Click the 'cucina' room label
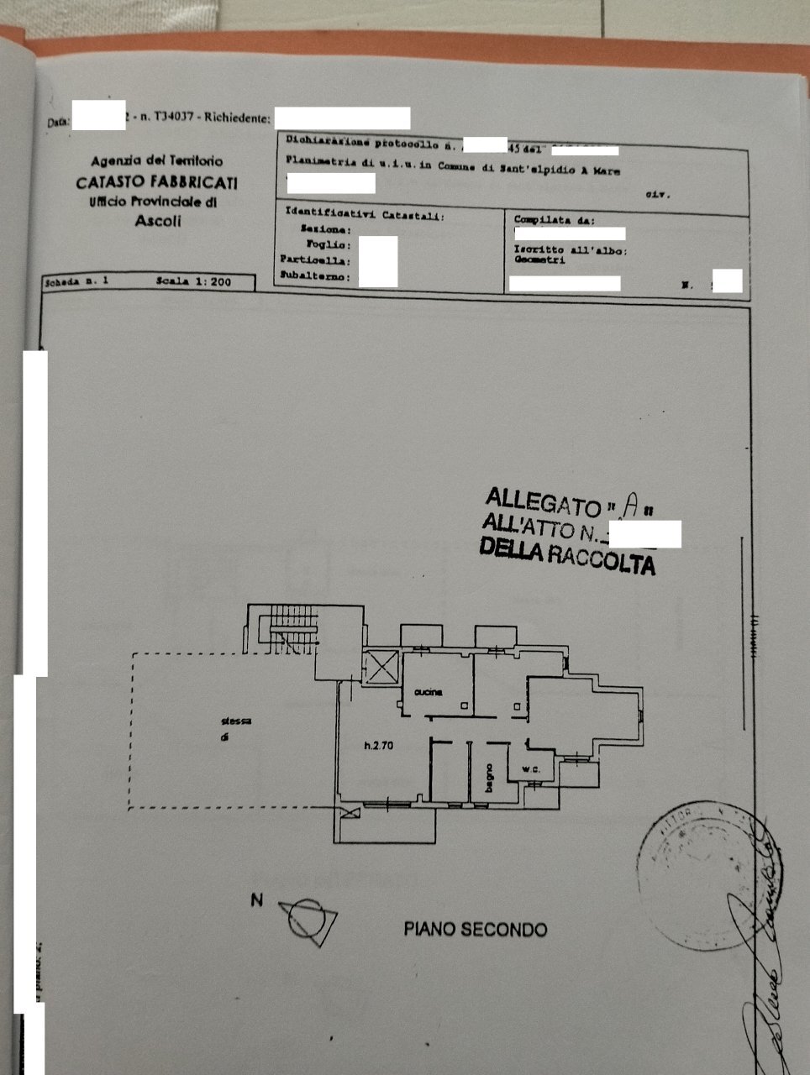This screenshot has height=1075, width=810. [x=428, y=692]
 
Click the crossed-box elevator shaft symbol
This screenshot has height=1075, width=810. [x=383, y=669]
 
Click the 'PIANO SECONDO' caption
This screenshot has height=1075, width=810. [x=476, y=930]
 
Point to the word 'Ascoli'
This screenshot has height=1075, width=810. [x=158, y=222]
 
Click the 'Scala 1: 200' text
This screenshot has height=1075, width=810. [x=193, y=282]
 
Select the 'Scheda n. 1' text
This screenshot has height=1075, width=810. [x=76, y=281]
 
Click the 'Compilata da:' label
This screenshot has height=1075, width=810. [x=554, y=220]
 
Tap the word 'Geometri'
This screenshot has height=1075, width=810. [x=539, y=260]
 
